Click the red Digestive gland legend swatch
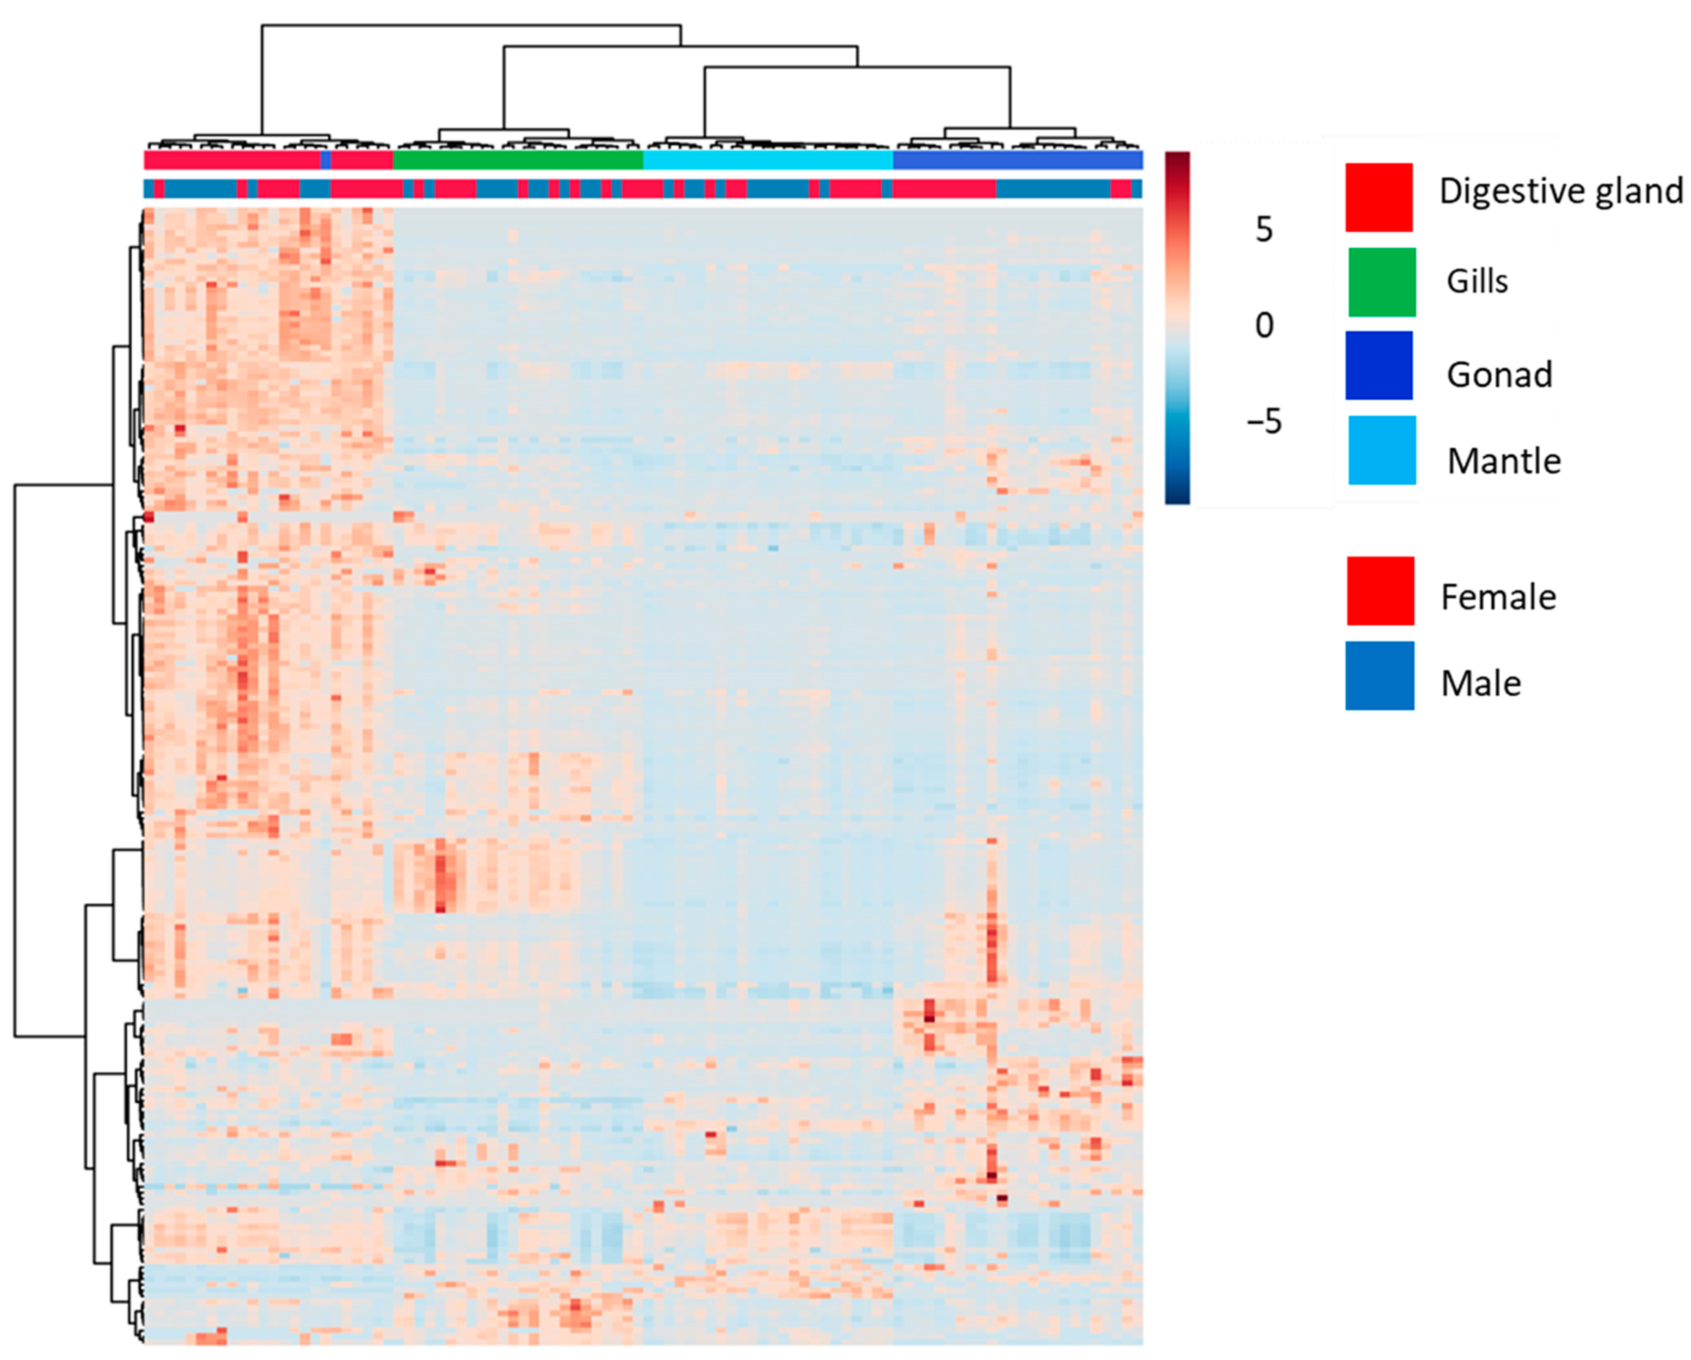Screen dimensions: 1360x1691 tap(1379, 197)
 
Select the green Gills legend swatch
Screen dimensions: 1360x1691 tap(1382, 282)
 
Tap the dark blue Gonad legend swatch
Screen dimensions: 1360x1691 tap(1379, 365)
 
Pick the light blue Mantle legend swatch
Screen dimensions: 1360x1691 tap(1382, 450)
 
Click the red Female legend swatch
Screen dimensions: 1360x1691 tap(1380, 591)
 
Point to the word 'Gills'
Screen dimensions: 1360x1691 tap(1477, 281)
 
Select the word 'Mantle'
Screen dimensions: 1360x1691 tap(1504, 460)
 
